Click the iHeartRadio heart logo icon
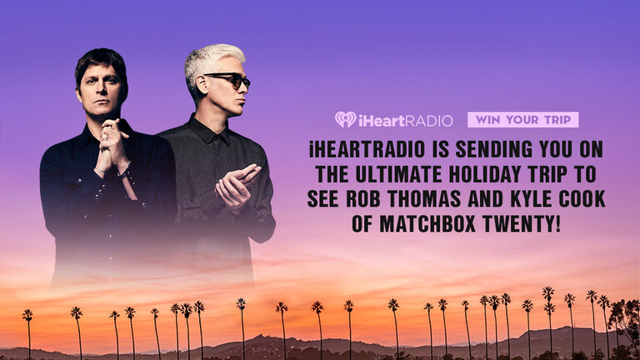345,120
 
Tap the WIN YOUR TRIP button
522,120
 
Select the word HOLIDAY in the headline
487,174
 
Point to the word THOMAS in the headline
424,199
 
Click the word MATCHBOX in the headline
427,223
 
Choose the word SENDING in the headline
493,150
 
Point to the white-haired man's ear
202,85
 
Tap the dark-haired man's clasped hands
111,146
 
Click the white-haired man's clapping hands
236,187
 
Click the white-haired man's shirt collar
208,131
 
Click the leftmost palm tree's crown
27,315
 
